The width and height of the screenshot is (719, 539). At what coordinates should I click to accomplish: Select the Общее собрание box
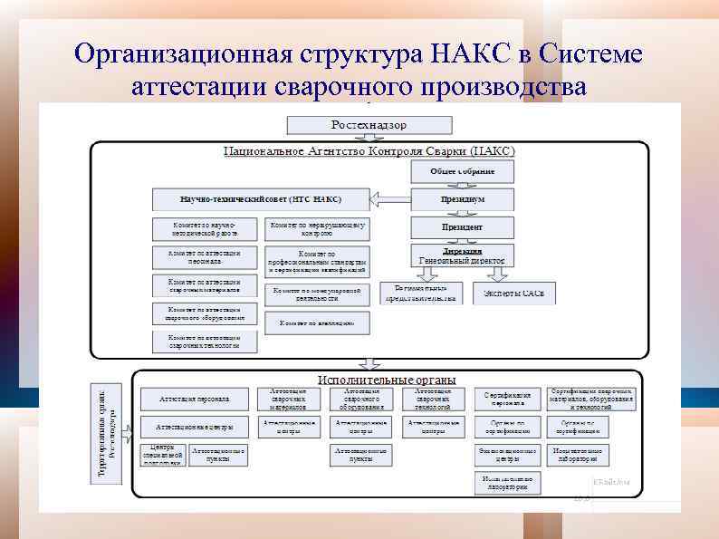point(463,171)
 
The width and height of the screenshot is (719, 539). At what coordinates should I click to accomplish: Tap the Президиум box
point(463,199)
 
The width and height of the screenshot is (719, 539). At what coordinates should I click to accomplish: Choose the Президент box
point(463,226)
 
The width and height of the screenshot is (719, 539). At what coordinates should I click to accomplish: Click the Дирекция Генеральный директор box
point(463,255)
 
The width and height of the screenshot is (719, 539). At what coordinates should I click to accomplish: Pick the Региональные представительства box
point(420,293)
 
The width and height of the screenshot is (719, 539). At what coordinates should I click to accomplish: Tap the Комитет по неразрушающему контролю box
point(318,228)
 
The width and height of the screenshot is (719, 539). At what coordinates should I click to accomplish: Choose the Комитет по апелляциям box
point(318,322)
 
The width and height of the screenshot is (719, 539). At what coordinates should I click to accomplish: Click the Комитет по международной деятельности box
point(318,294)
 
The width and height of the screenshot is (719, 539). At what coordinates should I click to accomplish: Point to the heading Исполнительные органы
point(387,380)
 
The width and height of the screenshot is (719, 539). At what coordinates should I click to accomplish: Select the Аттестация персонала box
point(194,399)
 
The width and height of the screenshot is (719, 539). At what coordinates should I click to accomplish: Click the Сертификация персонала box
point(507,399)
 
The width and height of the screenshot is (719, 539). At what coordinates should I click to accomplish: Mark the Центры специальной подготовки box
point(162,455)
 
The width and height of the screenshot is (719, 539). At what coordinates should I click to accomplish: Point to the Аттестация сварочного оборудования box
point(360,399)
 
